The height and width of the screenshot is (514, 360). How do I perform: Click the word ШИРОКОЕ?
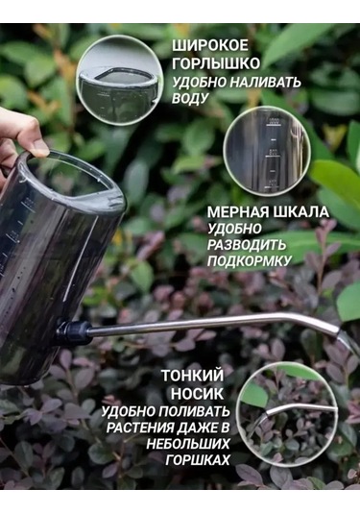pos(212,46)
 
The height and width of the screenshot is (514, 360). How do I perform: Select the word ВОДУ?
pos(191,98)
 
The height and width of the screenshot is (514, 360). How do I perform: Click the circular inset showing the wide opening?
pos(118,78)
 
